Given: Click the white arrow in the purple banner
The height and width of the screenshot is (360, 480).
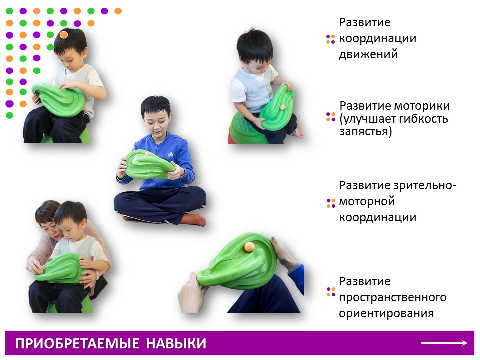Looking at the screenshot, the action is point(444,343).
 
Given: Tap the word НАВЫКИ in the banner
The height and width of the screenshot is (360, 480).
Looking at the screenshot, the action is point(176,344).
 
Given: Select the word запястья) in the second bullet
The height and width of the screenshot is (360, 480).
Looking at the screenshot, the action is point(366,131).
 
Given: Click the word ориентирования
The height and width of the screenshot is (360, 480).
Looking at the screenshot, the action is point(386,313).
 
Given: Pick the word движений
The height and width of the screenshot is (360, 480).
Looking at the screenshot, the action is point(368,55).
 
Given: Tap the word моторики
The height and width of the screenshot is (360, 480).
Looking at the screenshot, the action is point(422,106).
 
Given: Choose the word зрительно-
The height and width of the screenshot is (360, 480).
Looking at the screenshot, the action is point(425,186).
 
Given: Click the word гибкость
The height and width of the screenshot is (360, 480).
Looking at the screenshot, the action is point(424,119).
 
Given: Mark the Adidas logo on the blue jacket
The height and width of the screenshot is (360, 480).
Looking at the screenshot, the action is point(170,154).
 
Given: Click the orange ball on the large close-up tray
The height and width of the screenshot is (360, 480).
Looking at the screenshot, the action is point(249,246).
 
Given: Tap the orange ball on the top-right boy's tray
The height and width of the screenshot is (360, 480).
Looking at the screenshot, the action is point(283,107).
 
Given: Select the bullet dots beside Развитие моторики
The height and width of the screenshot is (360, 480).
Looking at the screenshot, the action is point(331,117).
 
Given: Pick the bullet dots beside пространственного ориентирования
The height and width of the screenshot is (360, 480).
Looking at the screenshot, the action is point(331,292).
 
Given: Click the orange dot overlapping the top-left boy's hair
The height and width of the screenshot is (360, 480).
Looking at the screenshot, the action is point(63,35).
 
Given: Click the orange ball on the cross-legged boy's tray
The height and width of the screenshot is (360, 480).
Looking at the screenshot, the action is point(148,154).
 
